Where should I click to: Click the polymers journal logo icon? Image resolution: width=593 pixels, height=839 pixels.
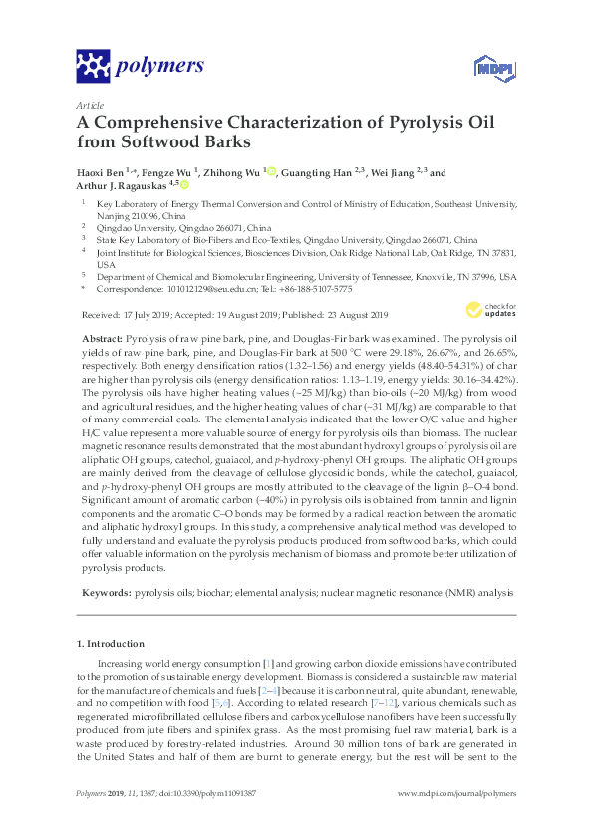coord(94,67)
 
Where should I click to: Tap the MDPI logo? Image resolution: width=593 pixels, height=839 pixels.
coord(482,69)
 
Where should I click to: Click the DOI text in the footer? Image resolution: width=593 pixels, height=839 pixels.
coord(217,821)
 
